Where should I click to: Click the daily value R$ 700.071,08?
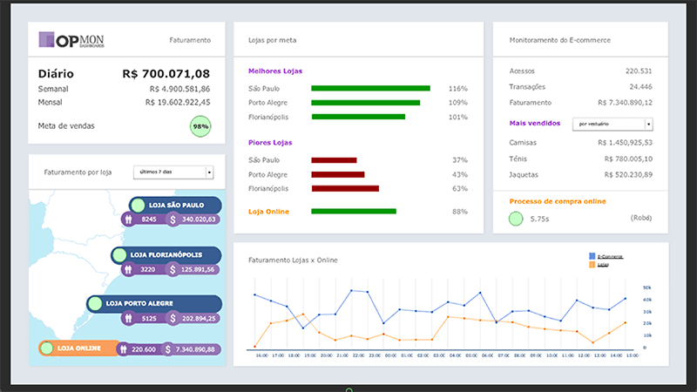click(166, 74)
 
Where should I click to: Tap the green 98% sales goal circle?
click(200, 126)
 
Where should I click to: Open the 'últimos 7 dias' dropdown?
click(173, 172)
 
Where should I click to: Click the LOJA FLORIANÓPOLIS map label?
click(166, 255)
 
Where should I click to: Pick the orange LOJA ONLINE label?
click(78, 348)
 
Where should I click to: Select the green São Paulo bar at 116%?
click(370, 88)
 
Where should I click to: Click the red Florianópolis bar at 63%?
click(345, 188)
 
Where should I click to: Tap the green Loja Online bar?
click(354, 211)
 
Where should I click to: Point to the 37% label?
click(459, 160)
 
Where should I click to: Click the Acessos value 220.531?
click(638, 71)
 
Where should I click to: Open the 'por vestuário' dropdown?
click(612, 125)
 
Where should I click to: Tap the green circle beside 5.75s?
click(516, 218)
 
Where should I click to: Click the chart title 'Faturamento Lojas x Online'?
click(293, 260)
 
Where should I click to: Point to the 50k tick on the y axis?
click(647, 287)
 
